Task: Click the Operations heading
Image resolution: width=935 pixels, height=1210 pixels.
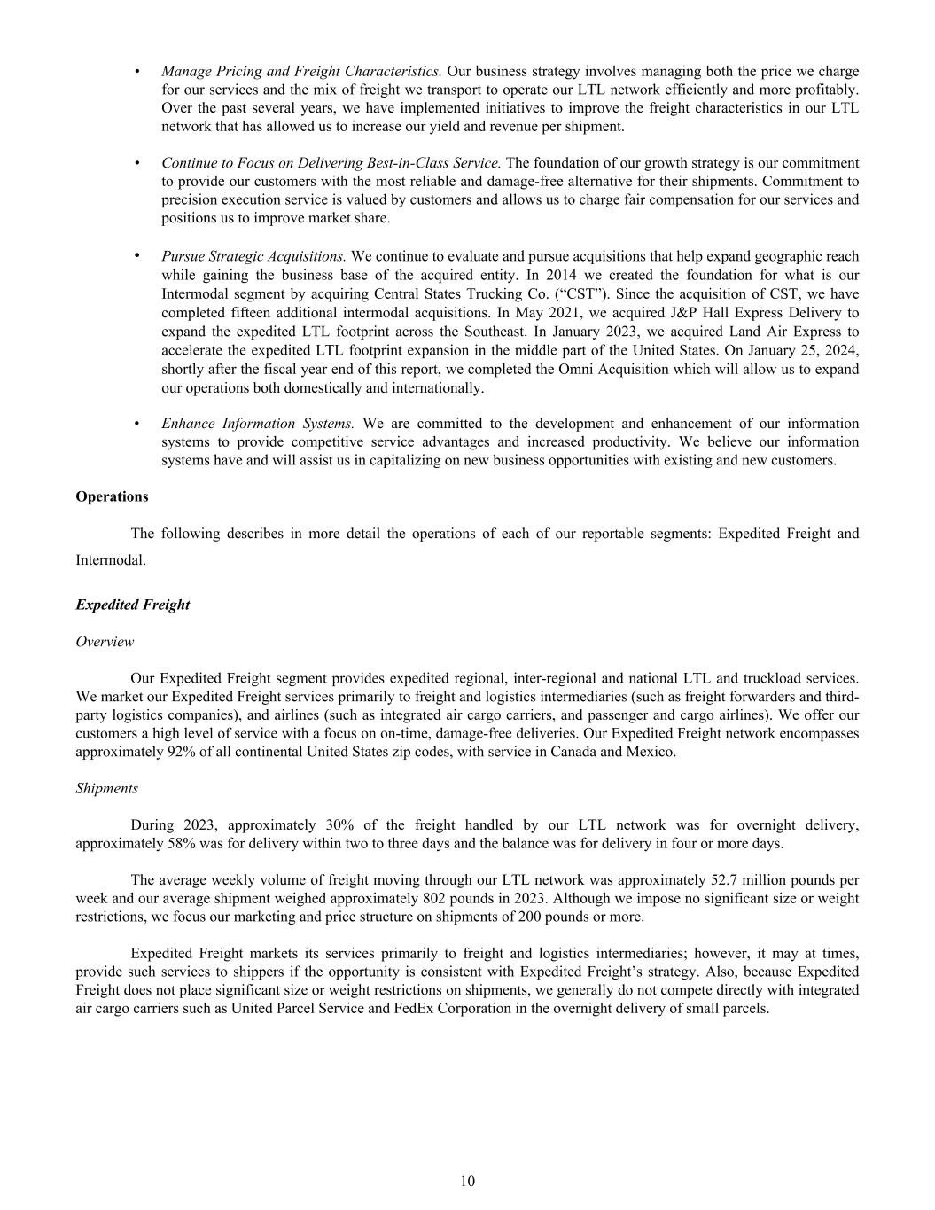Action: click(112, 496)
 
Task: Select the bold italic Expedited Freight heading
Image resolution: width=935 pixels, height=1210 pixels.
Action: click(132, 605)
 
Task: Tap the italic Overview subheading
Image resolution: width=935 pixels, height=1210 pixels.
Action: click(105, 641)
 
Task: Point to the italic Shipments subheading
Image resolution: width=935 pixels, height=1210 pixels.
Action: click(106, 788)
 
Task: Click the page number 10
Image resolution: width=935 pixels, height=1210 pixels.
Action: click(468, 1181)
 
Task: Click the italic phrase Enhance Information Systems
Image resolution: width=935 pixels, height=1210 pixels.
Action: click(257, 424)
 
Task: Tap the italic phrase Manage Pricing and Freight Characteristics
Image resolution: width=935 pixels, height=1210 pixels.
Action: click(301, 71)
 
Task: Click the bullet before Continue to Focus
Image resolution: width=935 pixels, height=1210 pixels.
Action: click(136, 164)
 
